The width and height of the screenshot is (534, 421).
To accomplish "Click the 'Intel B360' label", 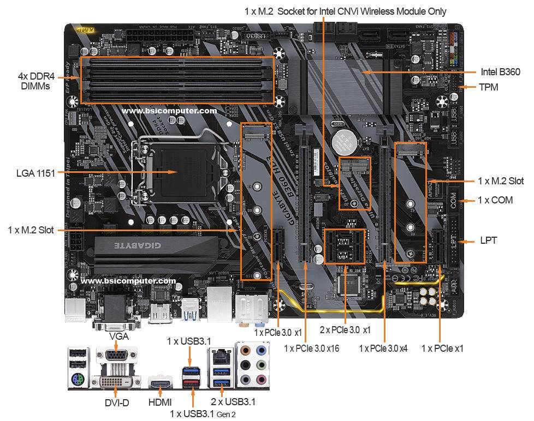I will (500, 72).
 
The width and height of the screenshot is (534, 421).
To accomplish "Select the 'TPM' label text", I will (488, 87).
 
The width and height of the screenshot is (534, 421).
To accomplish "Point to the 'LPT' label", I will (488, 240).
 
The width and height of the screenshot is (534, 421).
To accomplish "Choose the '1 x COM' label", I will (495, 200).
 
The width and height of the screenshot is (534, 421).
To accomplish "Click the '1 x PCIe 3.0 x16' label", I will (311, 348).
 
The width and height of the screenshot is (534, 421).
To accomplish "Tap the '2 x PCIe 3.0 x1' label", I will (345, 330).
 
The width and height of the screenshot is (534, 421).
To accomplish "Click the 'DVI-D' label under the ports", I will (117, 403).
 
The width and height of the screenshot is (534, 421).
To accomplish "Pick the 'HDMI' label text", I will (161, 403).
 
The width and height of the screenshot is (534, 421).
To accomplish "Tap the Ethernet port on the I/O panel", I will (221, 357).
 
